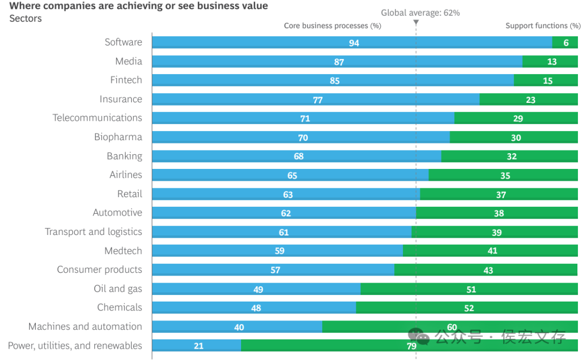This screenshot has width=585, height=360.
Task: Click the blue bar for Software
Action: [x=352, y=42]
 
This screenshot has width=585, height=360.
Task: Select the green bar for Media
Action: [x=550, y=61]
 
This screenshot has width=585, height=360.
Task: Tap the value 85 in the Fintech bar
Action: [x=335, y=81]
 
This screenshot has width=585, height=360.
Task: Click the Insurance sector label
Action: [x=121, y=99]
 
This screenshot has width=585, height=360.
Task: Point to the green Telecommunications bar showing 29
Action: [x=516, y=118]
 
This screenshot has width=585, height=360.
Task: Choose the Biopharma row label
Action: [x=118, y=137]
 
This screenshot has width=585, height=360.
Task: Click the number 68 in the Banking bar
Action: [x=298, y=156]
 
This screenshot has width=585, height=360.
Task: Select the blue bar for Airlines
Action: [x=290, y=175]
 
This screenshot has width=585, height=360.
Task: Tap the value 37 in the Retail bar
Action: [x=501, y=195]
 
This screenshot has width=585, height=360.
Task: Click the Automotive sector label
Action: [x=118, y=213]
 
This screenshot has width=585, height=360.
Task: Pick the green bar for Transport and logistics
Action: [x=495, y=232]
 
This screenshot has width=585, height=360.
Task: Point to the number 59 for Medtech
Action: [x=279, y=251]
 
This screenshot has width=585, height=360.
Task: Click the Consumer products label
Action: [x=100, y=270]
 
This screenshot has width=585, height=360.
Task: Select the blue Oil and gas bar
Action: [x=256, y=289]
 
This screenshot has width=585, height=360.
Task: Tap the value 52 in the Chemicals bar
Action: [x=469, y=308]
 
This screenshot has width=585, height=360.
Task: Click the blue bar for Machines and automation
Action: [x=237, y=326]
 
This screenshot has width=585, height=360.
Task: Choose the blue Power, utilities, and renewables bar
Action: [x=197, y=345]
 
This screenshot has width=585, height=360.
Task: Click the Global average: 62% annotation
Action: [x=420, y=12]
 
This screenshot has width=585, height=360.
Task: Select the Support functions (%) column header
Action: [x=543, y=26]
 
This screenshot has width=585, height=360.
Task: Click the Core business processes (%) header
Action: [x=333, y=26]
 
